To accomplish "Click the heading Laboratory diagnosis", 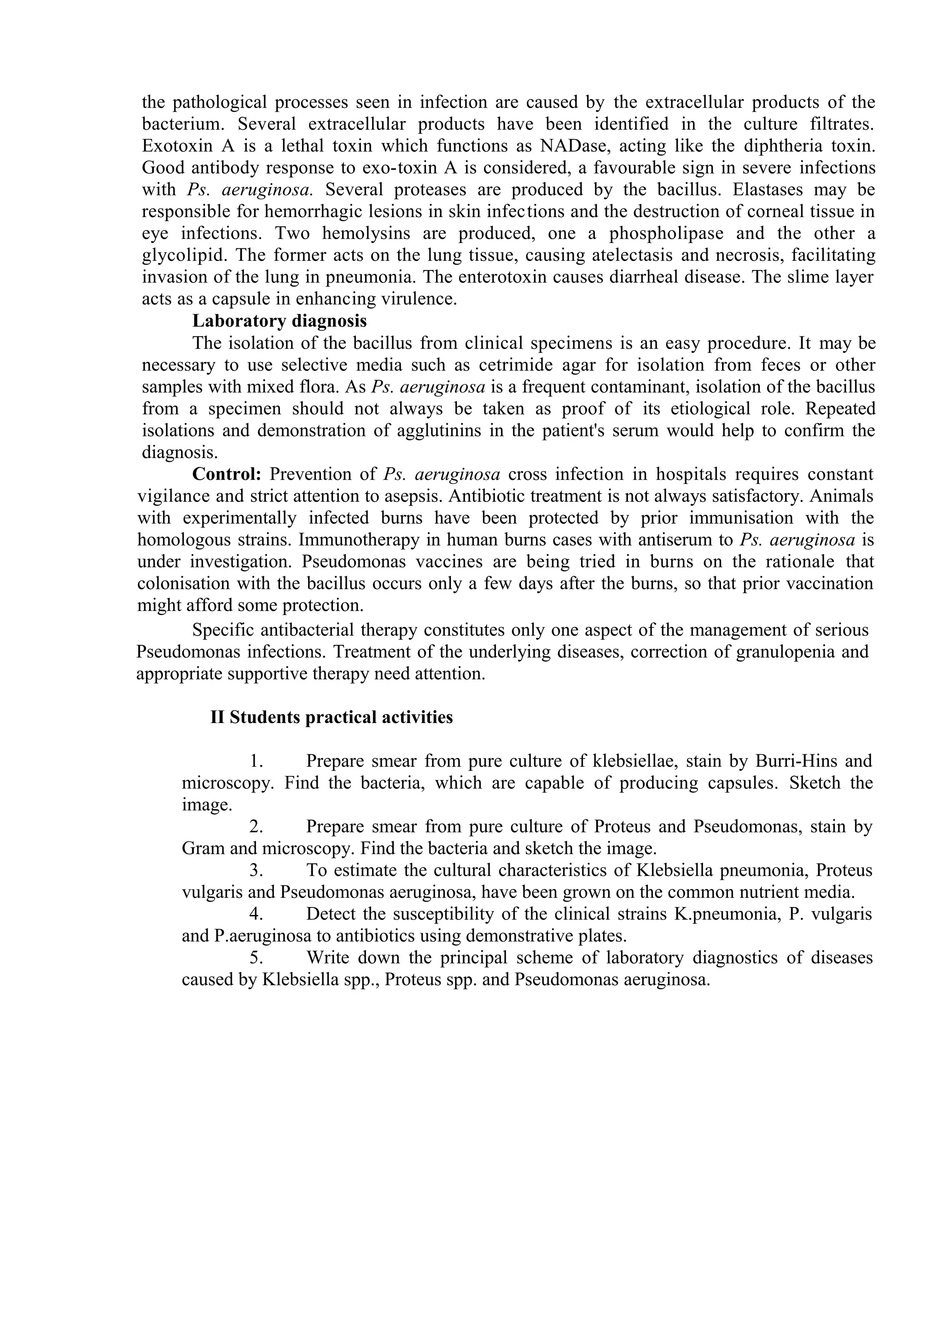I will pyautogui.click(x=279, y=321).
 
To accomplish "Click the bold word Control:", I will pyautogui.click(x=227, y=474).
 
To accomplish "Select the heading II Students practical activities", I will pyautogui.click(x=331, y=718).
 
